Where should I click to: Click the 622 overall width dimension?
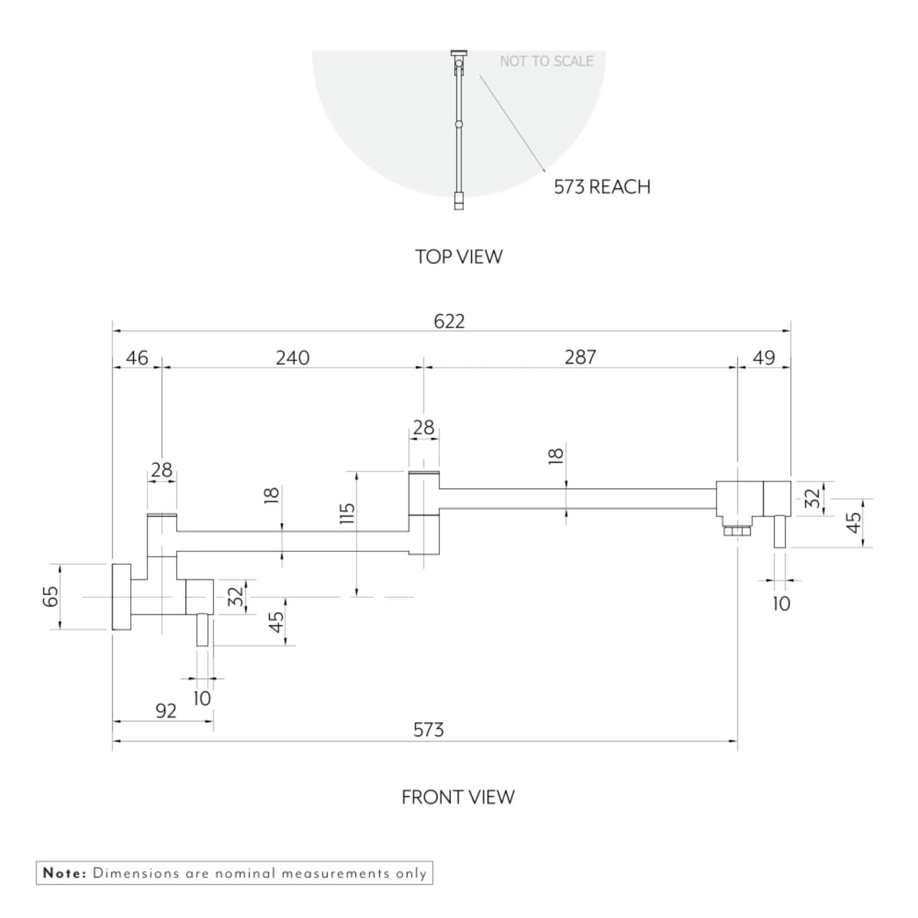(449, 321)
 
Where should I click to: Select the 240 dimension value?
(293, 357)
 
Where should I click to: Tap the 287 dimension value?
(580, 357)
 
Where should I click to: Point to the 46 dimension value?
(136, 357)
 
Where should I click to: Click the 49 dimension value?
(763, 357)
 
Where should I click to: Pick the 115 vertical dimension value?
(346, 513)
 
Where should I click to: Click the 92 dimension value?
(166, 711)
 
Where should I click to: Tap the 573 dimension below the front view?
(428, 730)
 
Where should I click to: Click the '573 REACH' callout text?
(602, 187)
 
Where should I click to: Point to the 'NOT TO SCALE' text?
(547, 61)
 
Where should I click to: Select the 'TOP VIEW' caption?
(458, 256)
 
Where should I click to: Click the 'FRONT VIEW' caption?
(458, 797)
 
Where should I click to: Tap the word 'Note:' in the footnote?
(65, 873)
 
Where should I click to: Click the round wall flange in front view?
(121, 597)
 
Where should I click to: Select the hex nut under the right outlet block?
(737, 530)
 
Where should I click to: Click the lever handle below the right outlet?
(780, 531)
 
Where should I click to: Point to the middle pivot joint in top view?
(459, 124)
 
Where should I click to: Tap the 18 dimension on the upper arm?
(556, 455)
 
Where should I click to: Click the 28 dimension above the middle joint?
(424, 427)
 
